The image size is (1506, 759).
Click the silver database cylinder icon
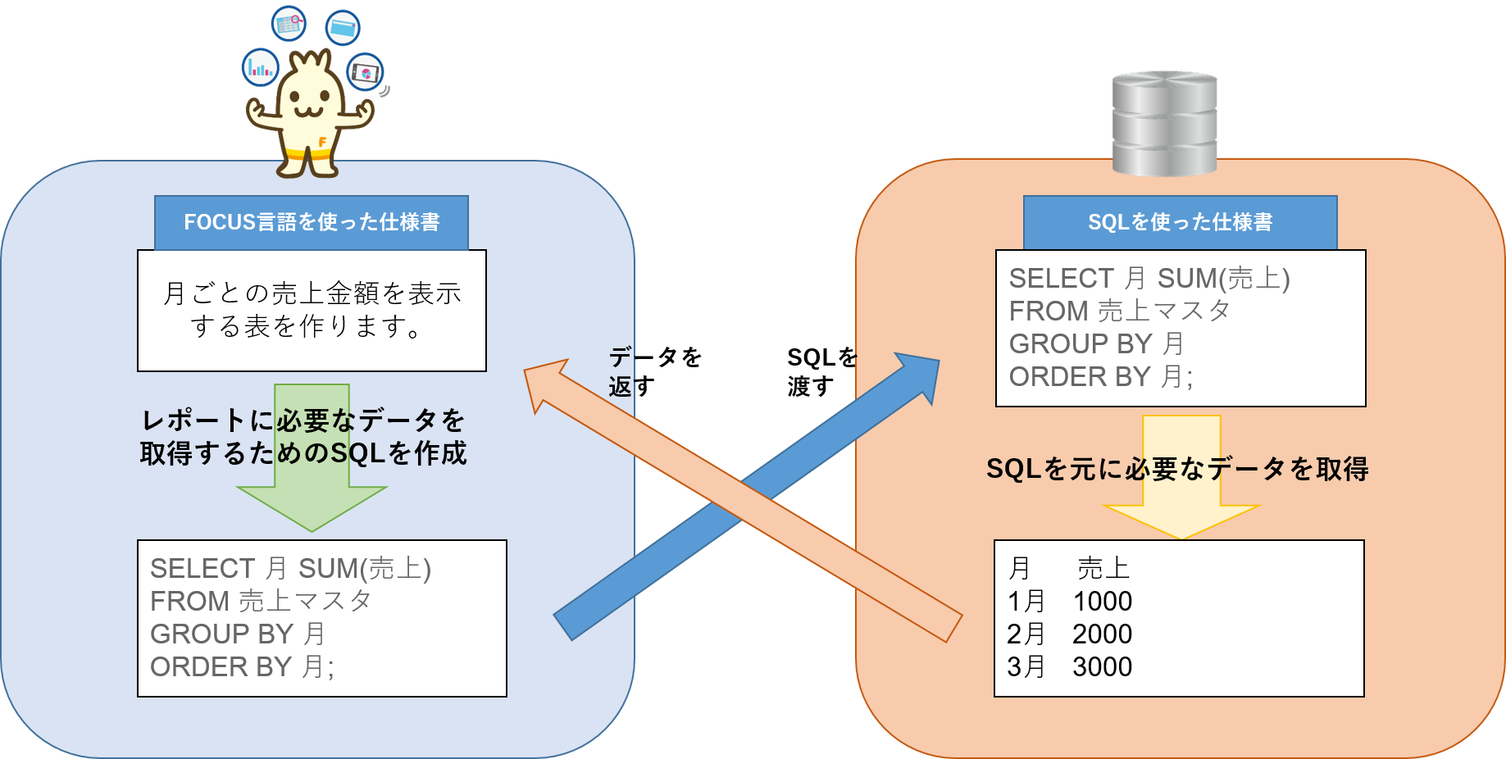pos(1164,123)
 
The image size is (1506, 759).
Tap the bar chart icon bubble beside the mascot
pos(261,67)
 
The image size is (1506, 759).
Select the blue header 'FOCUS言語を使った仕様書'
pos(311,222)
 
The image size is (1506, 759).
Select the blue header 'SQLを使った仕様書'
pos(1180,222)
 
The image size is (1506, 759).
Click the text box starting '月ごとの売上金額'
pos(312,310)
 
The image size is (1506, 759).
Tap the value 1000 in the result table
pos(1102,602)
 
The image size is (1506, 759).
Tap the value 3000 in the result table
pos(1102,667)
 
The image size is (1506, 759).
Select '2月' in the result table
pos(1026,634)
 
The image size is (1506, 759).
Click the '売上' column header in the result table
pos(1103,568)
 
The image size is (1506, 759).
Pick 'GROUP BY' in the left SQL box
pos(221,634)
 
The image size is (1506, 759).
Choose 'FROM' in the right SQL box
pos(1048,311)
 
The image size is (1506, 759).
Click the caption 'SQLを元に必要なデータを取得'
pos(1177,469)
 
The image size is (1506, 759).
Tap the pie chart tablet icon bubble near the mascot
pos(364,73)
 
